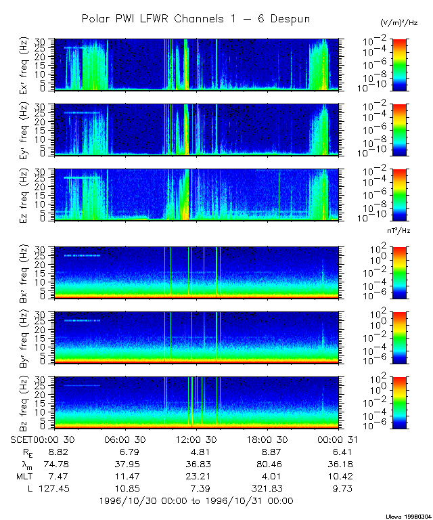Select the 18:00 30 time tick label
click(266, 439)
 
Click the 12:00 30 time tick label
click(196, 439)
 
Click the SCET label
click(21, 439)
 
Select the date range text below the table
click(196, 501)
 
